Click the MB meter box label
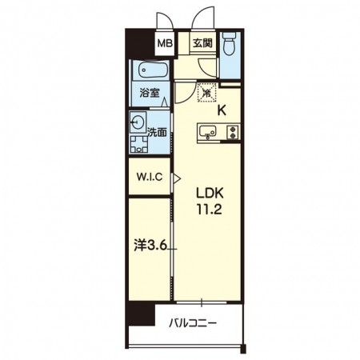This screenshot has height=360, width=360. pyautogui.click(x=165, y=43)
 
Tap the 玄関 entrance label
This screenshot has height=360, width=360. pyautogui.click(x=202, y=43)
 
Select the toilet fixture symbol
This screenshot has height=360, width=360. pyautogui.click(x=229, y=43)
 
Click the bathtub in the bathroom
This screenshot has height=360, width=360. pyautogui.click(x=154, y=70)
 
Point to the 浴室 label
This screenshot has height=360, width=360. pyautogui.click(x=150, y=93)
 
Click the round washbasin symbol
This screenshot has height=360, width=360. pyautogui.click(x=138, y=122)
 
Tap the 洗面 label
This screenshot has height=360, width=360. pyautogui.click(x=157, y=132)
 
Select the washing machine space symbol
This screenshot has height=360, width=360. pyautogui.click(x=138, y=144)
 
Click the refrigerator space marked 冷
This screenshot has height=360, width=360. pyautogui.click(x=206, y=93)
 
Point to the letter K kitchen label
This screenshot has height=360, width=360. pyautogui.click(x=222, y=110)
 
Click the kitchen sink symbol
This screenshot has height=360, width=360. pyautogui.click(x=207, y=131)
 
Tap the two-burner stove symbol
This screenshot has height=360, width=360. pyautogui.click(x=233, y=132)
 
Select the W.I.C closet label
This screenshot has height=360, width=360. pyautogui.click(x=150, y=177)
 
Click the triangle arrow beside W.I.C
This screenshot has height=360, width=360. pyautogui.click(x=177, y=178)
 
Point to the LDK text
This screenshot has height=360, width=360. pyautogui.click(x=210, y=193)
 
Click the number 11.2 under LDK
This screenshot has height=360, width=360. pyautogui.click(x=210, y=210)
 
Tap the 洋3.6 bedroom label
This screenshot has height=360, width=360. pyautogui.click(x=150, y=246)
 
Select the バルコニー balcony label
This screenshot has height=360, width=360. pyautogui.click(x=193, y=324)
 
